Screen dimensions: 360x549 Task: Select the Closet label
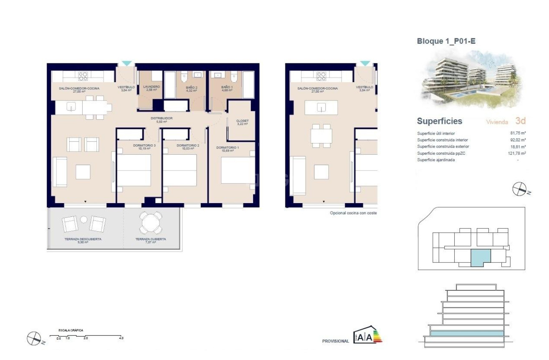pos(243,121)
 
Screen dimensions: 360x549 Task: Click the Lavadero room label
pos(151,87)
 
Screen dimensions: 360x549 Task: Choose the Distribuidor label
pos(162,118)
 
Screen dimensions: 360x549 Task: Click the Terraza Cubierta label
pos(151,239)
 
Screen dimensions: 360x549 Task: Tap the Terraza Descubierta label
pos(83,239)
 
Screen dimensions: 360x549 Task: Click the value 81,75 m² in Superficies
pos(517,133)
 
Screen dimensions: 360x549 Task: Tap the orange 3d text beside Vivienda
pos(520,121)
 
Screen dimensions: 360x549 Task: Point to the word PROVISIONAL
pos(335,341)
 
